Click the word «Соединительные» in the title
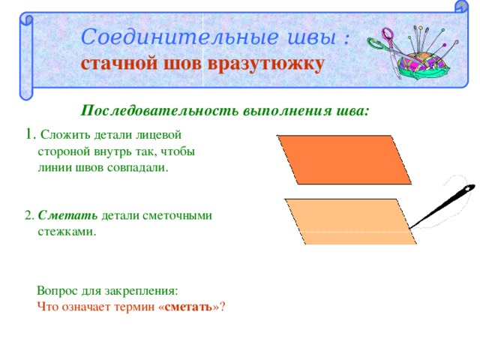(180, 37)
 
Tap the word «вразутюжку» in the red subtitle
(265, 65)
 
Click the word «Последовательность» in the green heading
(160, 110)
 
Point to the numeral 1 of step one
(29, 133)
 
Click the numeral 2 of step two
(28, 215)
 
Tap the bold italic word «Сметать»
(67, 215)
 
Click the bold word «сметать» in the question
(188, 307)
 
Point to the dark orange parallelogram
(344, 160)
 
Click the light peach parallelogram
(351, 222)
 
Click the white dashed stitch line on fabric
(356, 232)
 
